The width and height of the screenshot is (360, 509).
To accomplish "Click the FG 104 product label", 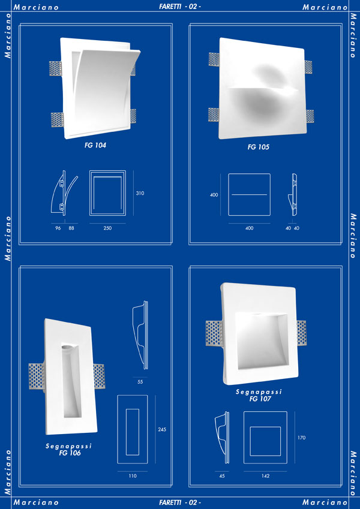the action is point(95,146).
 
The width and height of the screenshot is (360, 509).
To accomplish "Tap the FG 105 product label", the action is point(259,147).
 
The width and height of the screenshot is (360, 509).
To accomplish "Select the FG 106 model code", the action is point(70,453).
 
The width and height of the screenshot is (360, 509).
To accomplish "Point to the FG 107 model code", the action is point(260,399).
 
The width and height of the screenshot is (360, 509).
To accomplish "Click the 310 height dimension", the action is point(140,193).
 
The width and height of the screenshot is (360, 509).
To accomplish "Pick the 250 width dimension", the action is point(107,228).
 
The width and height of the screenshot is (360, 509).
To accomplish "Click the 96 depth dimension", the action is point(58,228).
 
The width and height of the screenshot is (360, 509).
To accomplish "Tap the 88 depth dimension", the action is point(71,228).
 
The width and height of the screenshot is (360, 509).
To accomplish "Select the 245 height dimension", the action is point(162,429).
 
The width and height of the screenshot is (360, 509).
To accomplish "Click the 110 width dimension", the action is point(133,476).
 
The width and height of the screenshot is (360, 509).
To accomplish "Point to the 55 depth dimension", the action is point(140,382).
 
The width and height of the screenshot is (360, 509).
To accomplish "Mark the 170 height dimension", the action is point(302,438).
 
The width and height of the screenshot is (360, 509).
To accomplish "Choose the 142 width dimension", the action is point(265,476).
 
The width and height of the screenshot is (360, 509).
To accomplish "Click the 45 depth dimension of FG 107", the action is point(222,476).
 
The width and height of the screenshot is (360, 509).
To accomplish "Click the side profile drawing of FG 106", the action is point(140,335).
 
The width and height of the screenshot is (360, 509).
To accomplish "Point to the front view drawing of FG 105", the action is point(249,194).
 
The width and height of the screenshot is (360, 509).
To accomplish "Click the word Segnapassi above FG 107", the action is point(259,392).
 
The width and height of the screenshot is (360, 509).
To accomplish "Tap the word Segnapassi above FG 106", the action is point(69,446).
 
